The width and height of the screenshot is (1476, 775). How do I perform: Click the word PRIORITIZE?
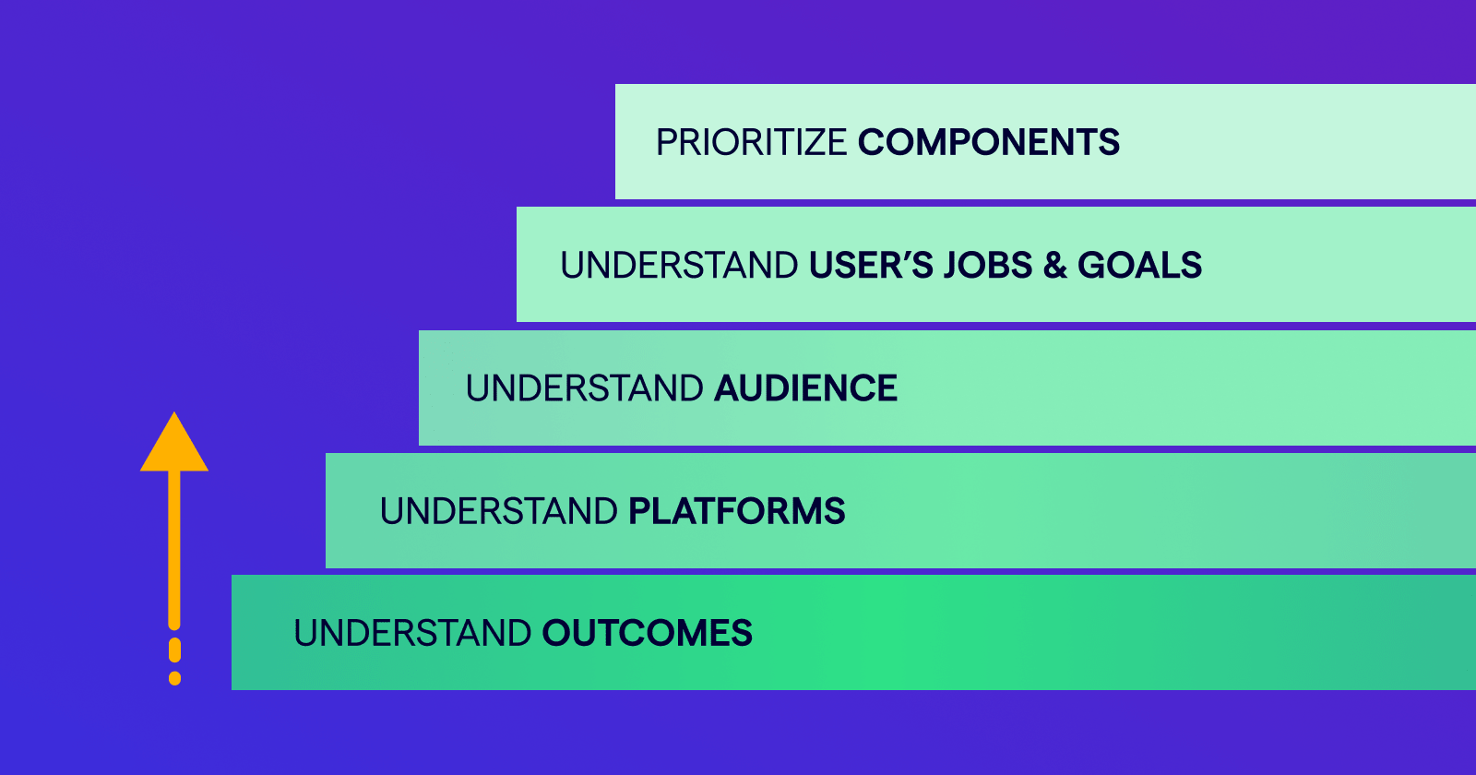click(751, 142)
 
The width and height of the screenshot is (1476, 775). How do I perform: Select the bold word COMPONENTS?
click(988, 142)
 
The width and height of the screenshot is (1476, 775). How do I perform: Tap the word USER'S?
click(871, 265)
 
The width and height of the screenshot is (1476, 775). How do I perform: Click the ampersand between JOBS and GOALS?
click(1055, 265)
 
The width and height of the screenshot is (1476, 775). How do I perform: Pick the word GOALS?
click(1140, 265)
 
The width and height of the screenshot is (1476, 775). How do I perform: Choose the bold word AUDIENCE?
click(805, 387)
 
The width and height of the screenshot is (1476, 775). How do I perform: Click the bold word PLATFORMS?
click(737, 511)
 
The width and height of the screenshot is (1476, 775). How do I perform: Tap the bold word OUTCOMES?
click(647, 633)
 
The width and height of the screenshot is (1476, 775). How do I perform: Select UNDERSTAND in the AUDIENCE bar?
click(585, 387)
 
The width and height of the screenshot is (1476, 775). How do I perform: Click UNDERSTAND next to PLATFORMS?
click(499, 511)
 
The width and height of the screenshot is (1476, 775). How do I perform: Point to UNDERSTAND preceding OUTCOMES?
click(412, 633)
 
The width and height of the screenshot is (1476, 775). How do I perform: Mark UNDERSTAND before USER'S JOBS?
click(679, 265)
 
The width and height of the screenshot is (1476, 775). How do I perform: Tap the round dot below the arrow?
click(174, 678)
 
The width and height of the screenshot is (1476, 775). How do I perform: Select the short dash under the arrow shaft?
click(174, 650)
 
